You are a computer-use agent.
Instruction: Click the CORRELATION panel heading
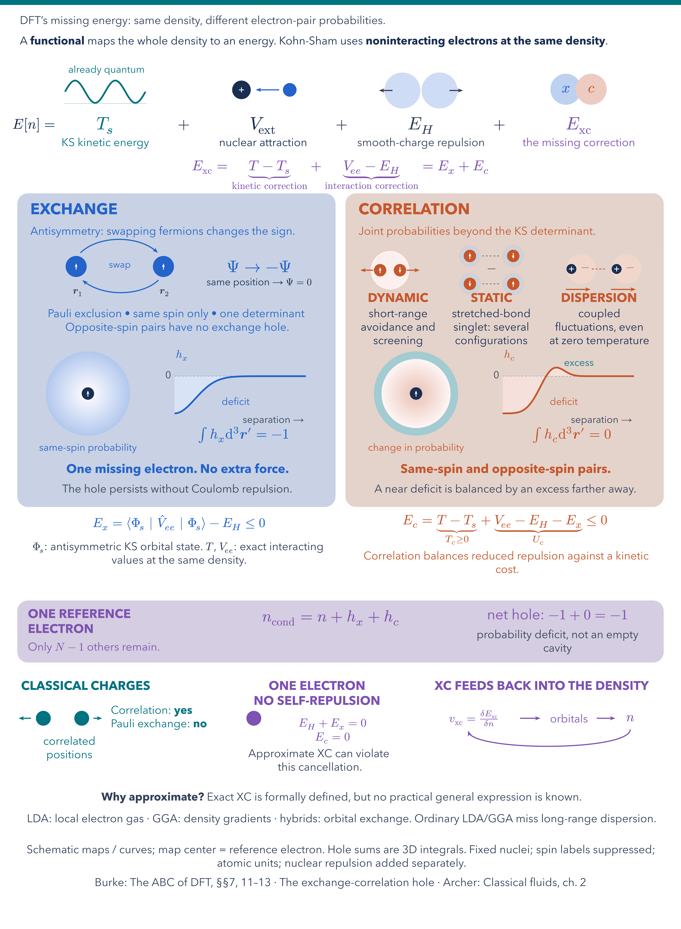[414, 209]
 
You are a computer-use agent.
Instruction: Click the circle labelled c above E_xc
[591, 89]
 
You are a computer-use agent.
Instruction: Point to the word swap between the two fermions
[120, 265]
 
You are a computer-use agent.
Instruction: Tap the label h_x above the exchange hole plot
[181, 355]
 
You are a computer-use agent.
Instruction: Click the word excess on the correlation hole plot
[579, 363]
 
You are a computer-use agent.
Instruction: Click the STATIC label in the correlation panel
[491, 297]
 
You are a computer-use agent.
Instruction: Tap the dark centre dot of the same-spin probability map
[88, 394]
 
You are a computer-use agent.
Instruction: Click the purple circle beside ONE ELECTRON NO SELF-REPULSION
[254, 718]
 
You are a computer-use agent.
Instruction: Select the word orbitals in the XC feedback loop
[569, 719]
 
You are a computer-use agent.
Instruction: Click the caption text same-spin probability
[88, 448]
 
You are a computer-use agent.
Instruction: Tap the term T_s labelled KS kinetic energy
[104, 125]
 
